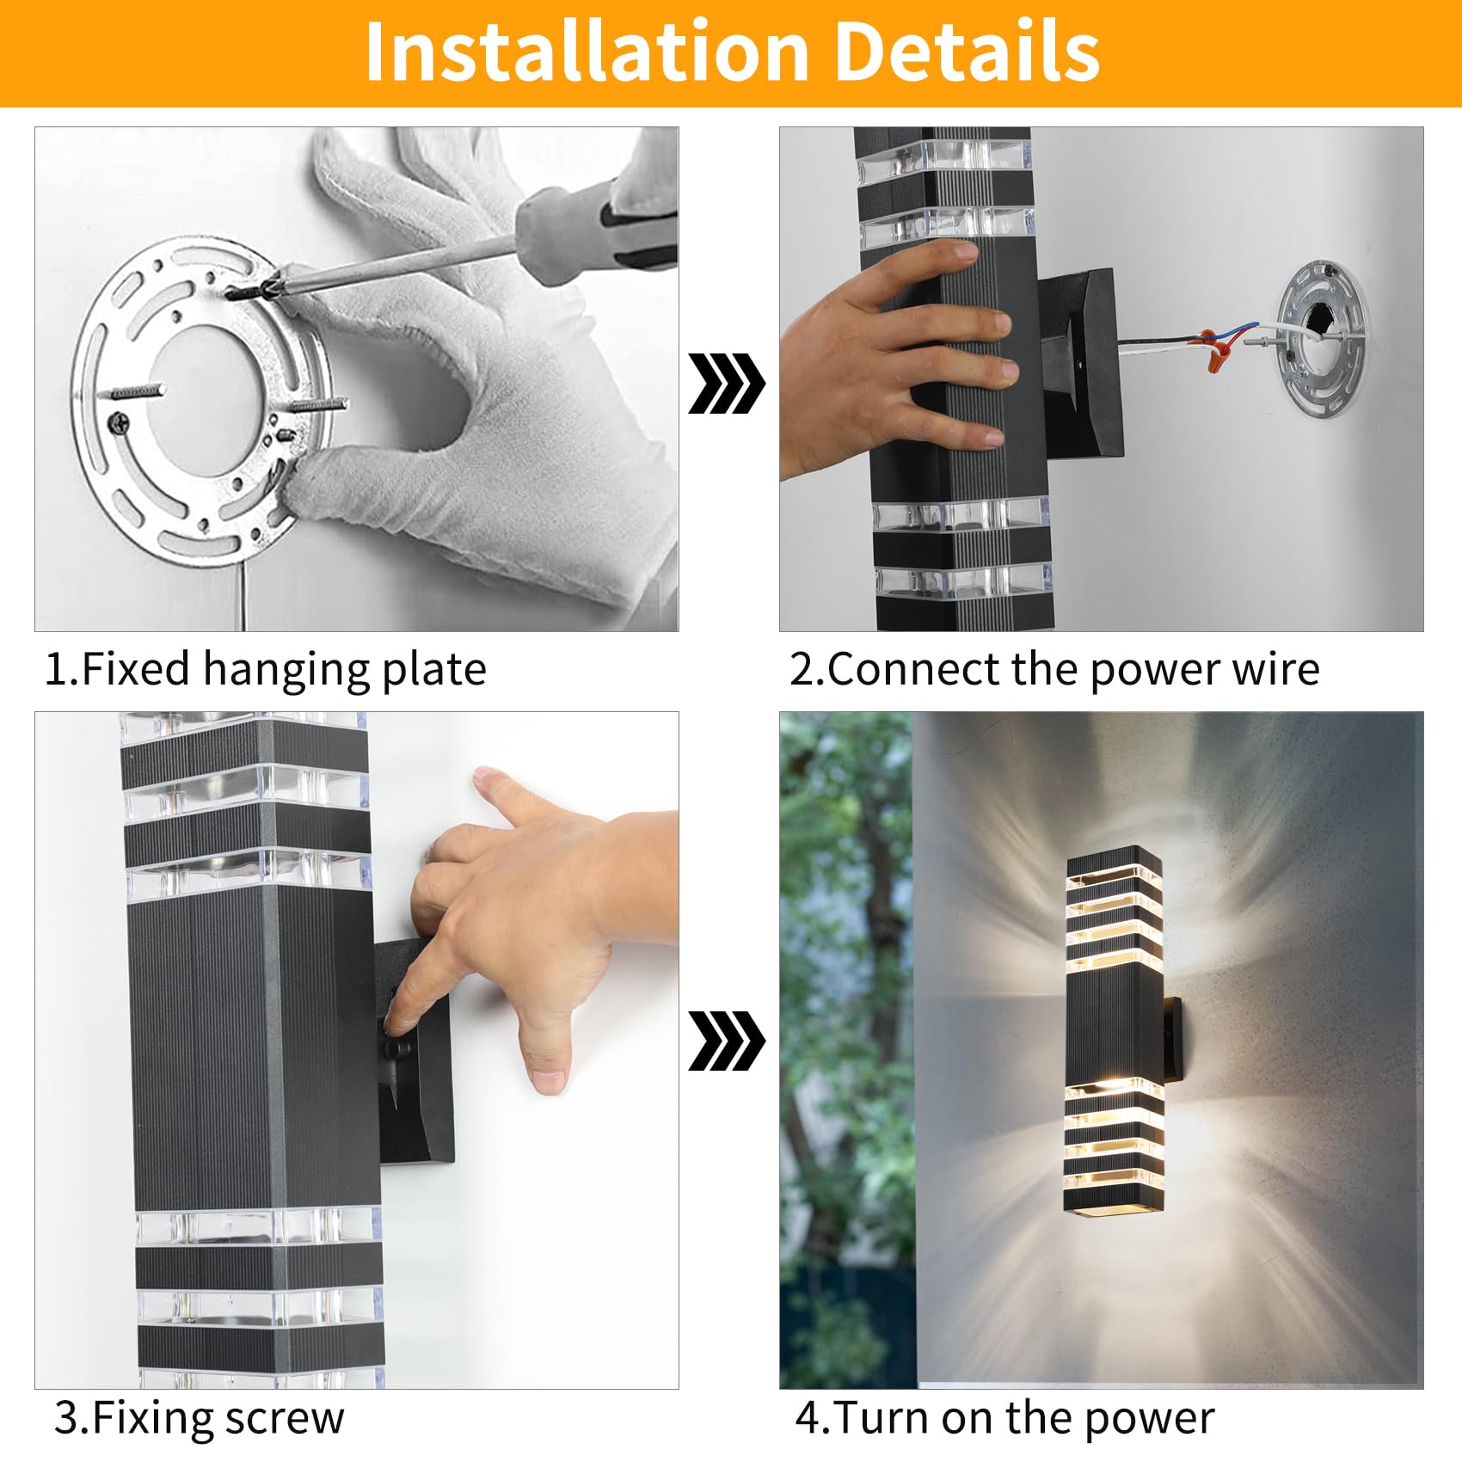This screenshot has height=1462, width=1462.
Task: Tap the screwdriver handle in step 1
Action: pyautogui.click(x=602, y=224)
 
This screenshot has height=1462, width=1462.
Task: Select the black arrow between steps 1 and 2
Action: pyautogui.click(x=726, y=383)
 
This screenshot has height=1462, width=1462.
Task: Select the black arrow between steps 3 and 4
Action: pyautogui.click(x=726, y=1041)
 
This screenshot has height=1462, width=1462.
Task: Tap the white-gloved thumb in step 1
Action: pyautogui.click(x=344, y=482)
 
